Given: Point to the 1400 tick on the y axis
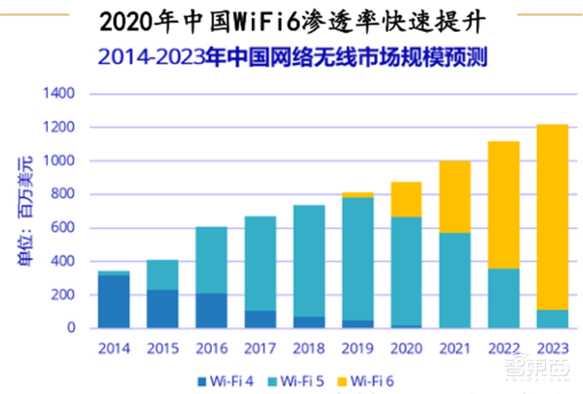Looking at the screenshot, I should (x=60, y=94).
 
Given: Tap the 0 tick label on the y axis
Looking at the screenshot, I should (x=71, y=328).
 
